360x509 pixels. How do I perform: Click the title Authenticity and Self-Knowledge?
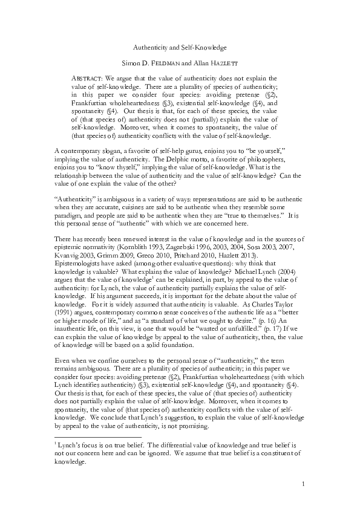coord(180,47)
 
